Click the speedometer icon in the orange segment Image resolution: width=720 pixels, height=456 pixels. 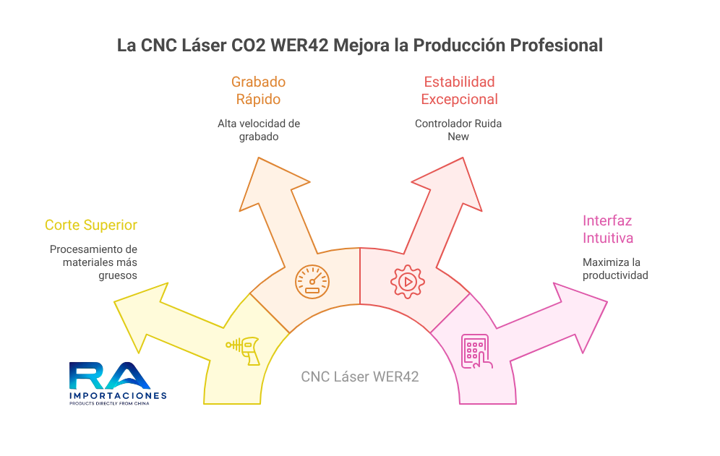312,281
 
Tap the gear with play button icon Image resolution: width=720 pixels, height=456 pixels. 407,281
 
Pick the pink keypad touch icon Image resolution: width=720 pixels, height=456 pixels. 476,352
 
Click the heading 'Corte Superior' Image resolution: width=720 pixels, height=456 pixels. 91,225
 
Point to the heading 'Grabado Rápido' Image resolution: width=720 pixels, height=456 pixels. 258,90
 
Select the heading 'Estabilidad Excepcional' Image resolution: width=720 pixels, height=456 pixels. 459,90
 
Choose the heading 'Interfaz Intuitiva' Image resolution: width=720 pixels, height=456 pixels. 607,229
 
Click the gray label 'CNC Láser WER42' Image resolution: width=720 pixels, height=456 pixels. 359,377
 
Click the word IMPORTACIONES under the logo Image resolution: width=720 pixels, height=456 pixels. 118,395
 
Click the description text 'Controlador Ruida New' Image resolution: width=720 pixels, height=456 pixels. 458,130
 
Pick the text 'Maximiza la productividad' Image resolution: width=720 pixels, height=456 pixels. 615,269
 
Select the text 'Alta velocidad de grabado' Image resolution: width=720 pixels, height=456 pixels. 259,130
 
